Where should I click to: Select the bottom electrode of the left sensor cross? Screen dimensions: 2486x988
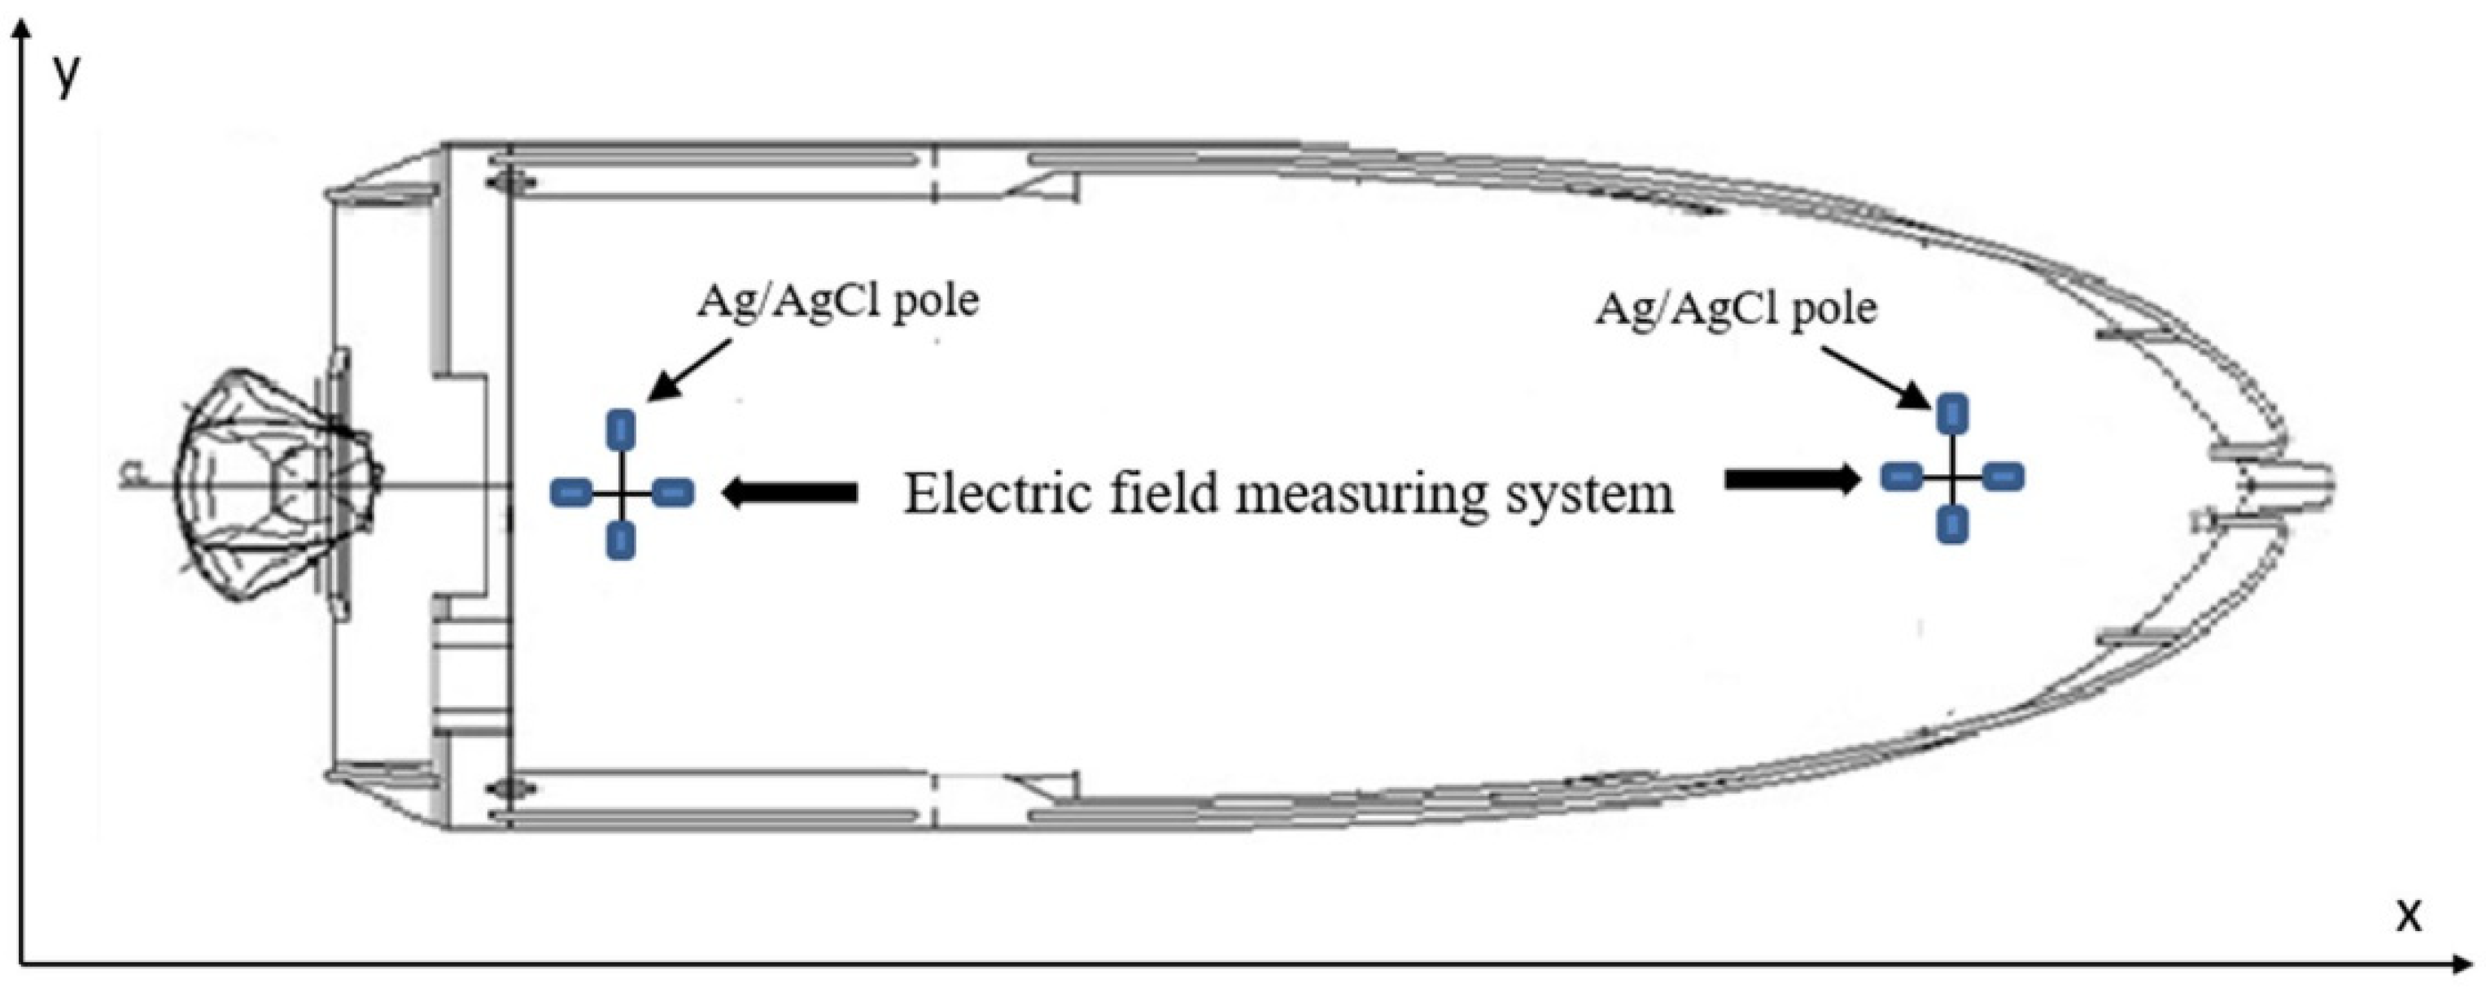point(622,539)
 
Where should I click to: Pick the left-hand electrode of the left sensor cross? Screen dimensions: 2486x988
point(570,493)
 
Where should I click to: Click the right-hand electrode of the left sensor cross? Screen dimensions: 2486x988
point(673,493)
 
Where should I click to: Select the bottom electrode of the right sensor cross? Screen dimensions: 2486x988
point(1952,523)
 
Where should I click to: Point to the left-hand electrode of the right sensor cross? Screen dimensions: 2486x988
point(1901,476)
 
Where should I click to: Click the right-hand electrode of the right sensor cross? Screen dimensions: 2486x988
point(2003,476)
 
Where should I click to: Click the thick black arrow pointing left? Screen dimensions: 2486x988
point(789,493)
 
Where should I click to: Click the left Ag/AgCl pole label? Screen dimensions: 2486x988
point(837,302)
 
